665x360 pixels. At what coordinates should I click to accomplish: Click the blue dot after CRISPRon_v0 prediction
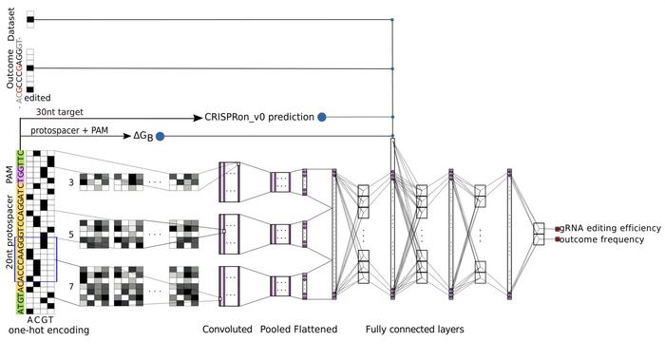click(x=322, y=117)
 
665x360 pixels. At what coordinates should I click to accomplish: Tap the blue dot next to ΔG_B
click(x=160, y=136)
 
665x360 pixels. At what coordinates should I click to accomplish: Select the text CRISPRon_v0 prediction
click(x=259, y=117)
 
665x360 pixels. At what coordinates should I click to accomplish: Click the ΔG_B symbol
click(x=142, y=136)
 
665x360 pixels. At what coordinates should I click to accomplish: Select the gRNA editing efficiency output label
click(x=608, y=228)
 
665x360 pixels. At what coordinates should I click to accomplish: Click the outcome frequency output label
click(x=602, y=239)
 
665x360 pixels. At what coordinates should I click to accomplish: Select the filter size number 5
click(x=70, y=232)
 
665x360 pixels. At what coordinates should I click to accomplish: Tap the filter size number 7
click(x=70, y=284)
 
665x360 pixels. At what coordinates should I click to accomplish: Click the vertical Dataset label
click(x=11, y=24)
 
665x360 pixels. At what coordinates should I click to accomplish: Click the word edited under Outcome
click(x=38, y=97)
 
